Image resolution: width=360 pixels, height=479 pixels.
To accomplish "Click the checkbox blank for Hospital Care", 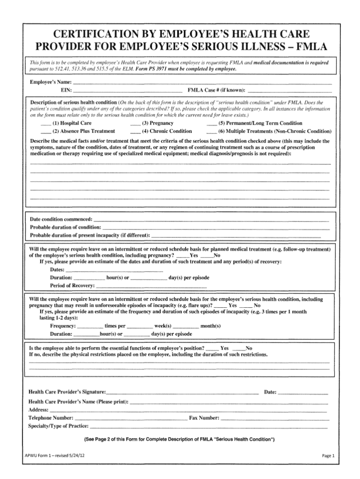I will pos(45,124).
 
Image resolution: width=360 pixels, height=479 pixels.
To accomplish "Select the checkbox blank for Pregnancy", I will pos(135,124).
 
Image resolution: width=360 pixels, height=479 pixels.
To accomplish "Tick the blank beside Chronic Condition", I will pos(135,132).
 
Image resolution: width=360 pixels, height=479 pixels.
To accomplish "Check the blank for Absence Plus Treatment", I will pos(45,132).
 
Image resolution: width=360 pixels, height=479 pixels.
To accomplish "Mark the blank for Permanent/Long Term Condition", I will pos(211,124).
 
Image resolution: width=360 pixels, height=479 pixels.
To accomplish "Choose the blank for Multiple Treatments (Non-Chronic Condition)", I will pos(211,132).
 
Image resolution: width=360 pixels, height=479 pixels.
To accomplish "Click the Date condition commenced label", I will pos(61,219).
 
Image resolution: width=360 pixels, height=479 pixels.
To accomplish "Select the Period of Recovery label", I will pos(72,285).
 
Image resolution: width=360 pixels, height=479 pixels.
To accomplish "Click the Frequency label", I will pos(63,326).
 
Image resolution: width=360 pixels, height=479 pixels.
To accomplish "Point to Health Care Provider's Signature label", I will pos(67,391).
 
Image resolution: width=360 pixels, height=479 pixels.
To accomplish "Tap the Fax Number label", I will pos(204,418).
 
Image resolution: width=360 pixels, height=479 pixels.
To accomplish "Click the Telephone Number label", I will pos(51,418).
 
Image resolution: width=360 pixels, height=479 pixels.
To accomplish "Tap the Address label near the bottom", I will pos(38,410).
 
